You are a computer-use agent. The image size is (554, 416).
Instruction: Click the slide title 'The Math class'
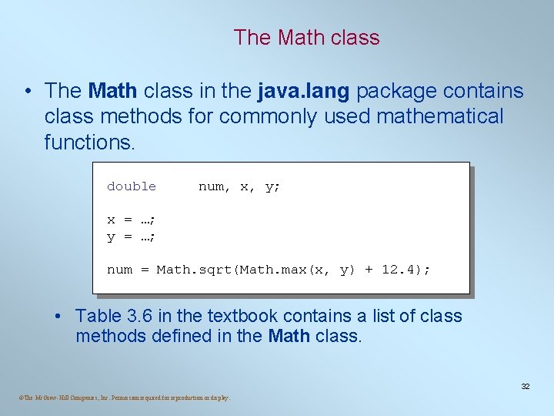point(306,37)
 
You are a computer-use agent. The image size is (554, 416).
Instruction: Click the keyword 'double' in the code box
point(132,186)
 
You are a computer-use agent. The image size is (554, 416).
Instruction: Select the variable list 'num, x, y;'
point(239,186)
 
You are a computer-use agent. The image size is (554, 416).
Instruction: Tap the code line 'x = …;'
point(132,220)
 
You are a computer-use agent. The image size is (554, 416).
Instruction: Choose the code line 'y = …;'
point(132,237)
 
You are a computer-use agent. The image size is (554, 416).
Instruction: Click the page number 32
point(526,386)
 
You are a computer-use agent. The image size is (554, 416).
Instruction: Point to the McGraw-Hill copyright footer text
point(124,398)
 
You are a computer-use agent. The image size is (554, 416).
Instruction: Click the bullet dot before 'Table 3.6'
point(59,317)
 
